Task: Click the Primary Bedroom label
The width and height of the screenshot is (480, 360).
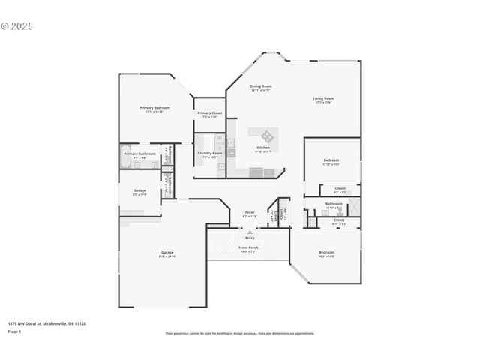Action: (154, 108)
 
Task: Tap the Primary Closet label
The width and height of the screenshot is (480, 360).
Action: (209, 113)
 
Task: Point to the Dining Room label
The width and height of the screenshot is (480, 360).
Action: (261, 86)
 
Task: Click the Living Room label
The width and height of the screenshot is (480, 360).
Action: (323, 98)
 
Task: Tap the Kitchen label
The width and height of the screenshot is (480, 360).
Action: (263, 148)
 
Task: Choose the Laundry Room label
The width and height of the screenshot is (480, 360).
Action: (208, 154)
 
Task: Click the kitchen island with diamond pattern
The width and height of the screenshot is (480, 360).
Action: (267, 136)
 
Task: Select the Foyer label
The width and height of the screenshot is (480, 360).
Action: (250, 212)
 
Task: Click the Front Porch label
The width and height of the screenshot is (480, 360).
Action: (249, 247)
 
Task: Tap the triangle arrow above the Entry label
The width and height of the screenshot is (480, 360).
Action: (250, 232)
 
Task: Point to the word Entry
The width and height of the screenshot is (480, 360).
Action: (250, 238)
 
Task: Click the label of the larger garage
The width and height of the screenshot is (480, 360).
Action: (167, 253)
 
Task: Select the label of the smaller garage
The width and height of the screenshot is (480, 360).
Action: (140, 190)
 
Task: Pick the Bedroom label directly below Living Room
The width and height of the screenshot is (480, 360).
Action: (331, 160)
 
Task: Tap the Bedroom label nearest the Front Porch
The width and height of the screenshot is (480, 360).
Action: (326, 252)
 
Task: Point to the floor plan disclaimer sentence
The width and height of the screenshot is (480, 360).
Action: (239, 333)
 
